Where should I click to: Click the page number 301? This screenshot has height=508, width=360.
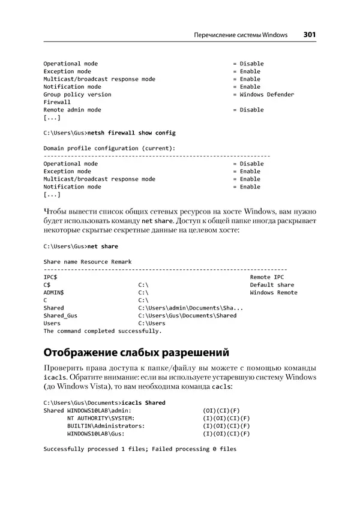pos(310,35)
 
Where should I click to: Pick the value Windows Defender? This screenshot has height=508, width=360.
pos(267,94)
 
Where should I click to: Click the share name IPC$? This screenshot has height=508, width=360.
pos(50,278)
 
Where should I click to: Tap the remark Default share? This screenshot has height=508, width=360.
pos(272,285)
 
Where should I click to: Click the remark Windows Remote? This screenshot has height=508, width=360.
pos(274,293)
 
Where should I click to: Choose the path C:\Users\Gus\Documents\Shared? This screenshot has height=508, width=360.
pos(187,315)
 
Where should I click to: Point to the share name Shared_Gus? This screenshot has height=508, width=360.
pos(61,315)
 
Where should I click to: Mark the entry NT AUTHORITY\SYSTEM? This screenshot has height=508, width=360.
pos(101,418)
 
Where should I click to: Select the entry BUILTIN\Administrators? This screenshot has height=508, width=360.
pos(106,426)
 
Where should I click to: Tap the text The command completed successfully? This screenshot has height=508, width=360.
pos(103,330)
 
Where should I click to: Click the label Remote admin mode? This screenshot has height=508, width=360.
pos(73,110)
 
